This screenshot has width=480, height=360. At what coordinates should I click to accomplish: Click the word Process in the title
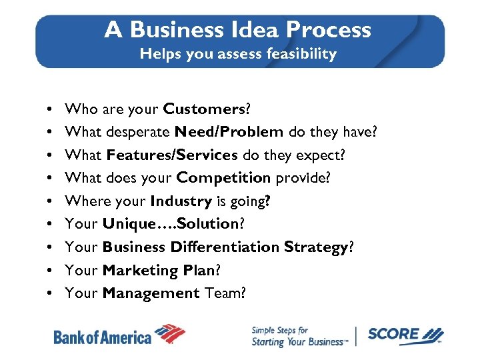(x=329, y=30)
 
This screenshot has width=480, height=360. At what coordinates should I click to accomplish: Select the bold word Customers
(x=205, y=109)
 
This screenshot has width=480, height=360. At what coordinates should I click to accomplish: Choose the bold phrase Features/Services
(x=171, y=155)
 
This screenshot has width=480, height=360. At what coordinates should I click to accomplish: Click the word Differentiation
(x=225, y=247)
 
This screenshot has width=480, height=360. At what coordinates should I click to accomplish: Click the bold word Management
(x=151, y=293)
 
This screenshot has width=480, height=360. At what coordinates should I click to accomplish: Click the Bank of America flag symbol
(x=171, y=333)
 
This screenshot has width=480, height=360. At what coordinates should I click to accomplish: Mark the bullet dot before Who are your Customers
(x=51, y=109)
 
